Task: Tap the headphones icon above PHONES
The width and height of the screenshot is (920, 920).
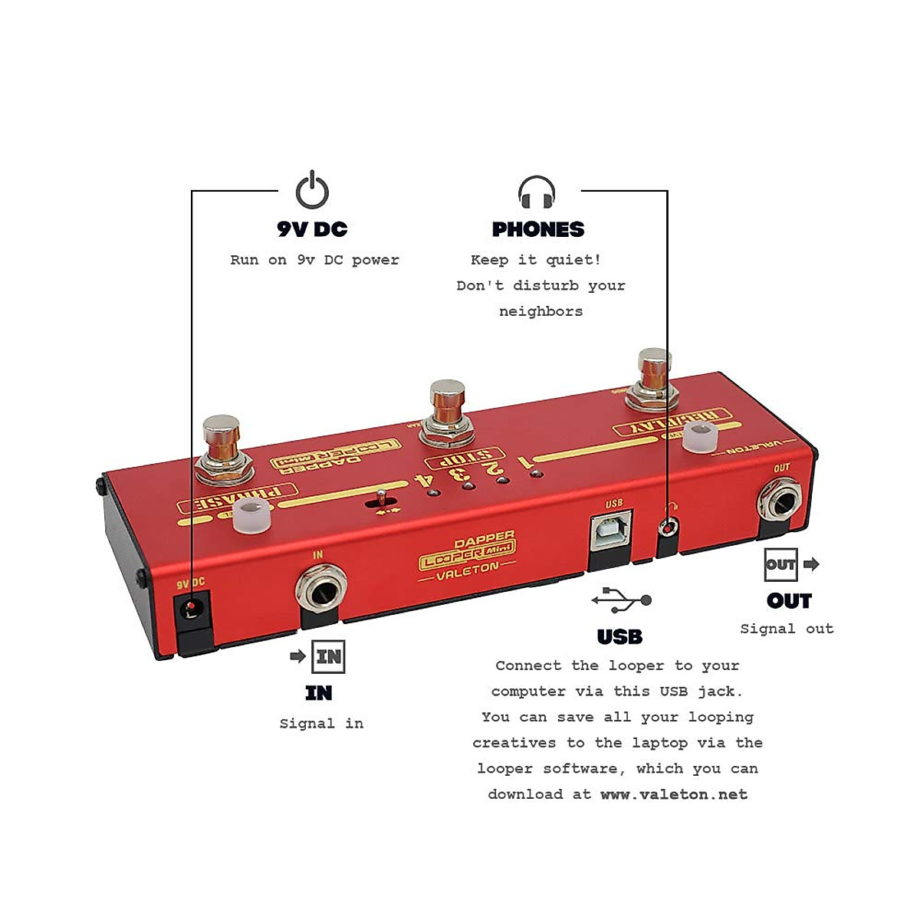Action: point(537,192)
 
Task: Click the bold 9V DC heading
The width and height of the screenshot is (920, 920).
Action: point(312,229)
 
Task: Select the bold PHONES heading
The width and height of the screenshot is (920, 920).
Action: point(538,229)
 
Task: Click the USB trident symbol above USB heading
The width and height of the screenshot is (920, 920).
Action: point(621,600)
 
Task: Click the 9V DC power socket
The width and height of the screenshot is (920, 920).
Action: point(192,610)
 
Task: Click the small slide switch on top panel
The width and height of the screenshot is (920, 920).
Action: point(382,499)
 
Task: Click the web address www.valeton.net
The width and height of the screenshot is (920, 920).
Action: point(673,794)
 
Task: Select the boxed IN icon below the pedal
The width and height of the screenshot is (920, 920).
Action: point(328,657)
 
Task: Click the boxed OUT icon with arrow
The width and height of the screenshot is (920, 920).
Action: point(781,564)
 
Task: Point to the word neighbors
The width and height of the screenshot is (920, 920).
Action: point(540,311)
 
